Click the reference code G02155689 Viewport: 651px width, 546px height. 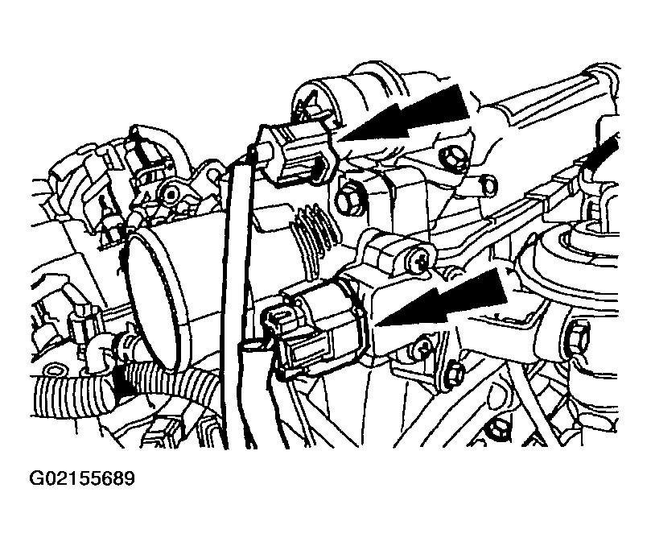(x=82, y=478)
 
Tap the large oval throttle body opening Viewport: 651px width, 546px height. (x=155, y=300)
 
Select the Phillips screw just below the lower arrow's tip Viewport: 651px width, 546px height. (x=422, y=346)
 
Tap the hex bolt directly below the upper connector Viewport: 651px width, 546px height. (x=347, y=201)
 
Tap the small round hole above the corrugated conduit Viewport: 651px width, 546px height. (x=53, y=370)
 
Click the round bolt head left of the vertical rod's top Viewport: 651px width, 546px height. (x=171, y=193)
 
